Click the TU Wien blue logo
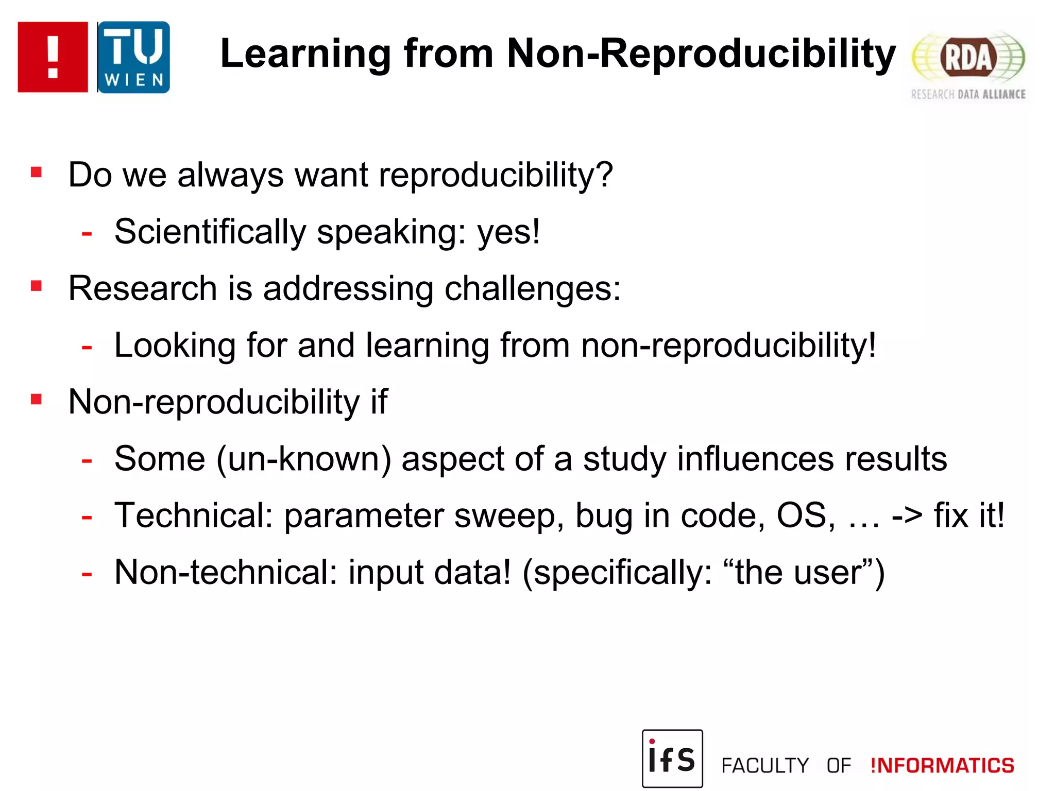(x=133, y=57)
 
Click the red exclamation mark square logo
(x=53, y=57)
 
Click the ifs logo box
(x=672, y=758)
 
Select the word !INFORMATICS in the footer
(x=942, y=766)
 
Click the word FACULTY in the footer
(x=765, y=766)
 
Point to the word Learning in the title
(x=306, y=54)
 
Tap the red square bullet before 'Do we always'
(x=36, y=172)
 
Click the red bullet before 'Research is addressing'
(x=36, y=286)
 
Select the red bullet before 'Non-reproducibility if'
(x=36, y=399)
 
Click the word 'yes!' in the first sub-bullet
(x=508, y=232)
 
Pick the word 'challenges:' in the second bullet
(x=533, y=289)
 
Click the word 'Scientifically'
(x=210, y=232)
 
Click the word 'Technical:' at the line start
(x=194, y=515)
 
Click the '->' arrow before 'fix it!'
(x=907, y=515)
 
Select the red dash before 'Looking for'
(x=87, y=348)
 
